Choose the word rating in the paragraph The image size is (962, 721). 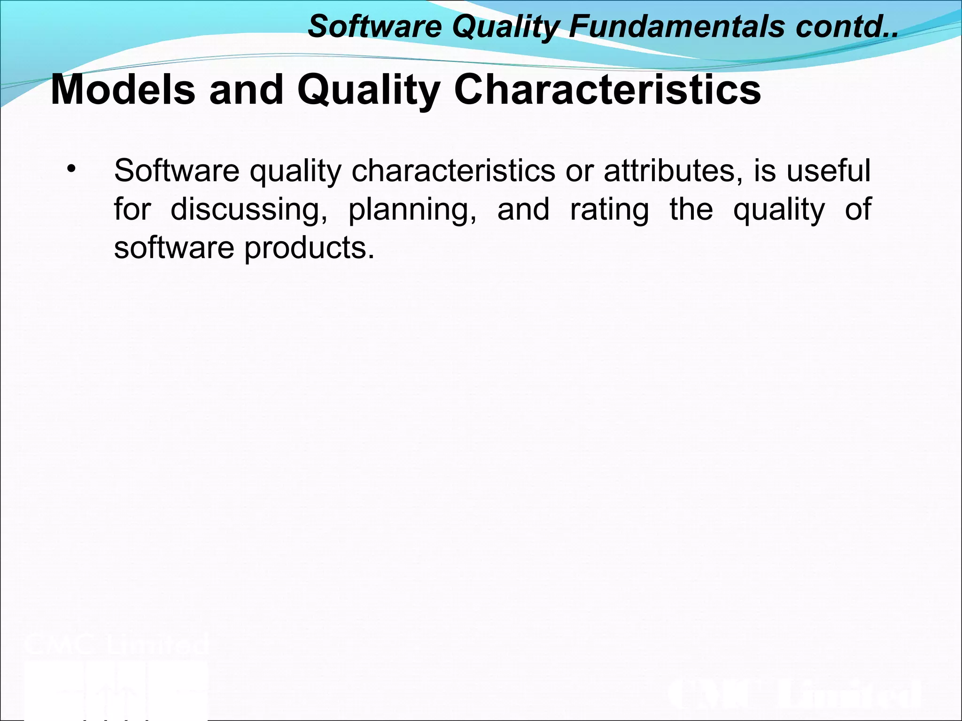pos(609,210)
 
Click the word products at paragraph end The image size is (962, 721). pos(309,248)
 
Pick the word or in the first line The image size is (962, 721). pos(580,171)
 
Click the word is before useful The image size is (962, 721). pos(765,170)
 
